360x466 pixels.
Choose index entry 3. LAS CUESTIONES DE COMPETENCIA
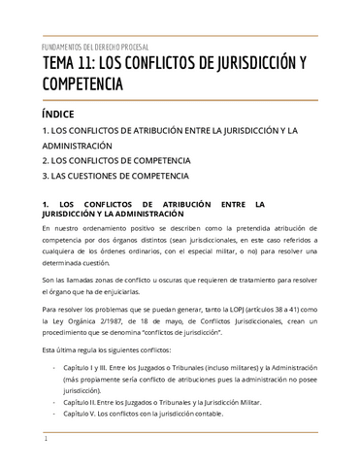[x=117, y=179]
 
